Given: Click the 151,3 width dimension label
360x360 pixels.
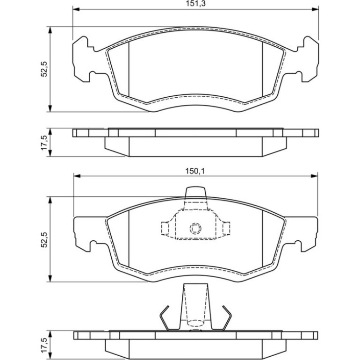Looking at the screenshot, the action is [x=195, y=4].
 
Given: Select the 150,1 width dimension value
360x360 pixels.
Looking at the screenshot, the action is [x=195, y=171].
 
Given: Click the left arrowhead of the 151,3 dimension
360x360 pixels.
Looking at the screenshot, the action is [x=76, y=9].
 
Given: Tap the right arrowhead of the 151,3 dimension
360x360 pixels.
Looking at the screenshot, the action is [x=315, y=9].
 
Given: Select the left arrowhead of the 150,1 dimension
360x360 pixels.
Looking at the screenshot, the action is [x=77, y=176].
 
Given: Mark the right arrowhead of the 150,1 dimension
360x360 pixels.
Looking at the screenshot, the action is [x=314, y=176].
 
